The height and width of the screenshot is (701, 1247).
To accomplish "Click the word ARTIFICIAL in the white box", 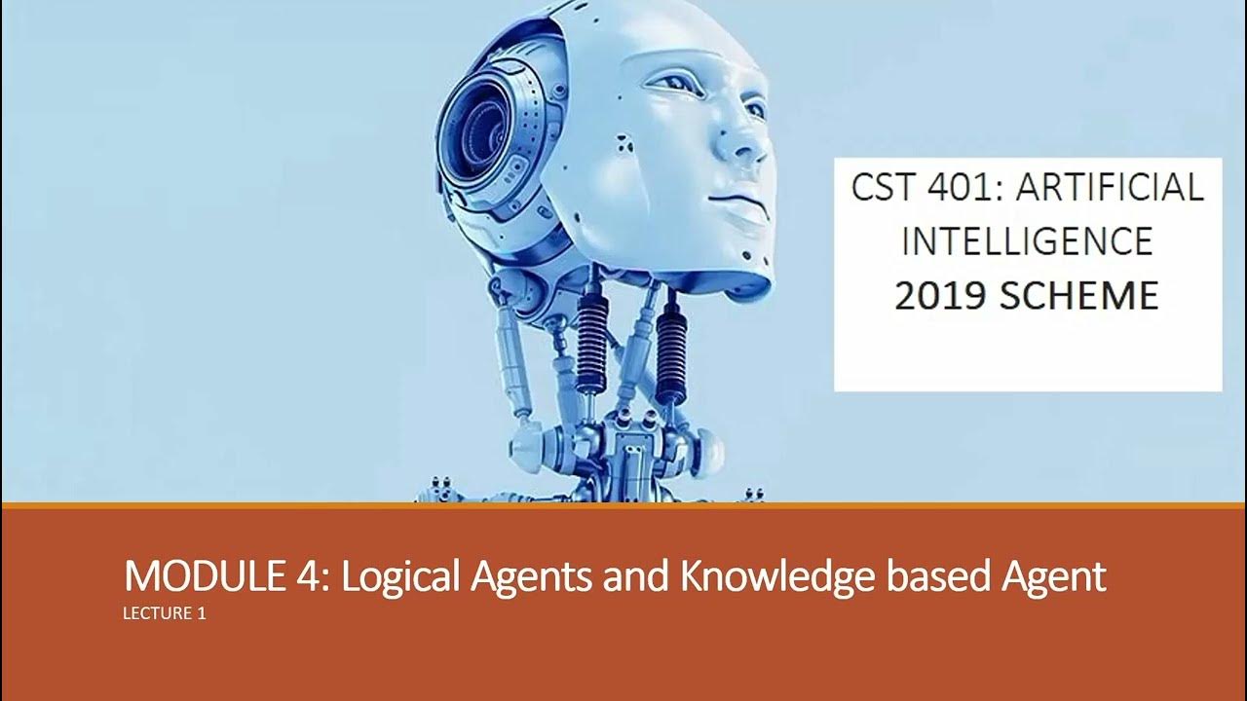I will tap(1110, 188).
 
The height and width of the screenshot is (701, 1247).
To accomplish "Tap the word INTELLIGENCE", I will tap(1027, 240).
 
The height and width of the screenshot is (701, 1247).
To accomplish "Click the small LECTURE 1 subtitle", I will tap(164, 613).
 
